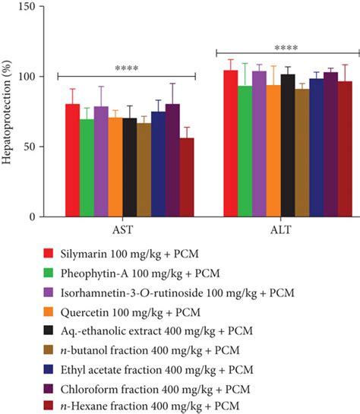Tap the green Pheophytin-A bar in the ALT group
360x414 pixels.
click(245, 152)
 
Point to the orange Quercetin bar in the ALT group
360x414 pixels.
click(273, 151)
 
